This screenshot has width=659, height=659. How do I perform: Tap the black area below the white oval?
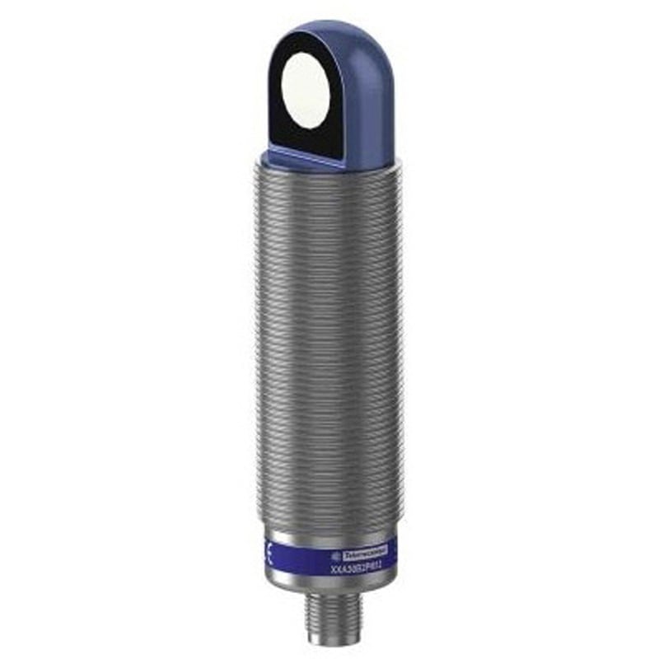(x=306, y=138)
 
